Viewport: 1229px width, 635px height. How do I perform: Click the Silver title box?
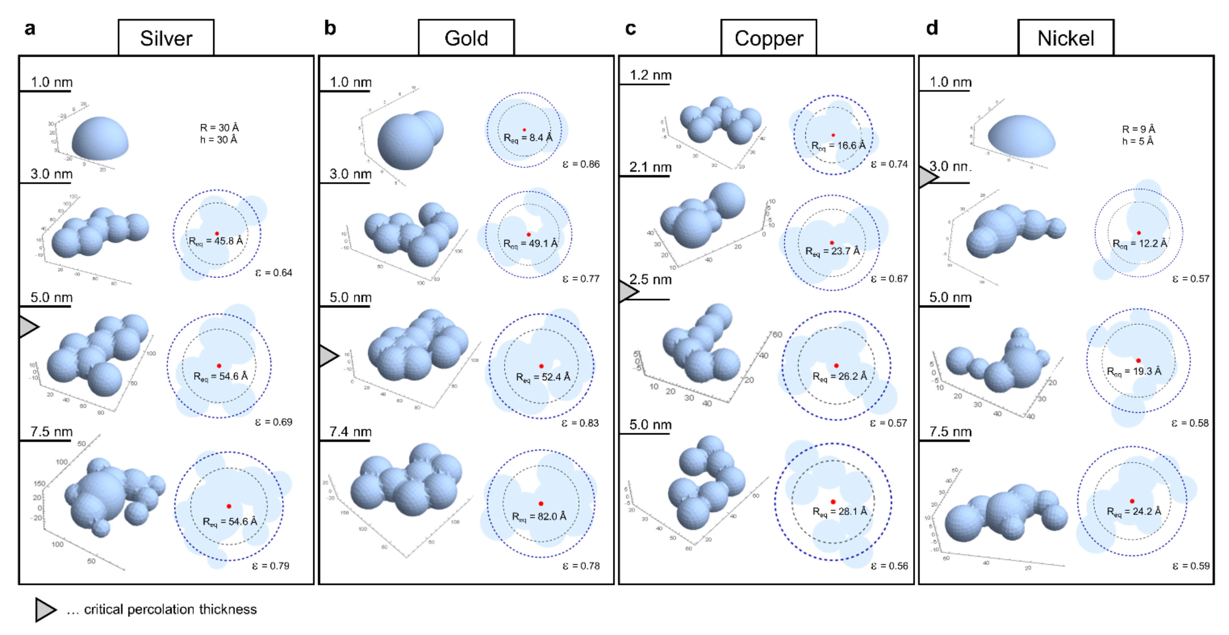click(166, 38)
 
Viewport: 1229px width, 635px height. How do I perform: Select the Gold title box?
click(466, 38)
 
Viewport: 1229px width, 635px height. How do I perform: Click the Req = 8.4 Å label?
click(528, 137)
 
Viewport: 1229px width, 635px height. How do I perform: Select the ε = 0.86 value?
click(581, 164)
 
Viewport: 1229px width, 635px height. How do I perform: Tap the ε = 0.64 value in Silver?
click(273, 273)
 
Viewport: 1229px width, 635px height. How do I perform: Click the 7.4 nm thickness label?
click(350, 432)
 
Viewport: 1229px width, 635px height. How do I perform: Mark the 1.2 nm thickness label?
click(650, 75)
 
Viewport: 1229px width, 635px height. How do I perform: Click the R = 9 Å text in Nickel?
click(1138, 129)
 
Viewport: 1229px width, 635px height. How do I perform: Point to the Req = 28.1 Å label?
click(840, 511)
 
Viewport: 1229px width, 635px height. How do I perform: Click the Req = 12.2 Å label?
click(1140, 244)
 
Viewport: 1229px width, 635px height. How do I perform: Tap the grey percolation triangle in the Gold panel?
click(328, 356)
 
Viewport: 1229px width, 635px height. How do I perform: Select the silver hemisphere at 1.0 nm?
click(100, 139)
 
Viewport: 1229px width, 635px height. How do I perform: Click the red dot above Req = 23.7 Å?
click(831, 243)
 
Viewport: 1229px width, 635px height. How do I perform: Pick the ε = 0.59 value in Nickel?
click(1191, 566)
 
